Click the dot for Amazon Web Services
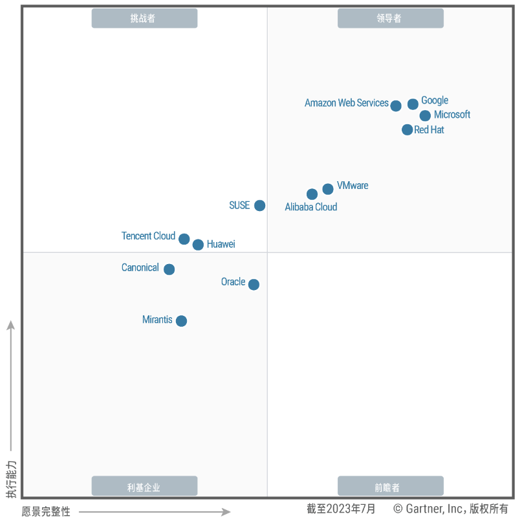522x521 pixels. tap(396, 105)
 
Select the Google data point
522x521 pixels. tap(413, 104)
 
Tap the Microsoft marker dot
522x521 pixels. tap(425, 116)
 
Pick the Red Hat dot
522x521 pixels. tap(407, 129)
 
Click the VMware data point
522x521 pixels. tap(328, 189)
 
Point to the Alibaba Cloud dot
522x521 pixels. tap(312, 194)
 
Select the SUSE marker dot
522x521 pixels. tap(259, 205)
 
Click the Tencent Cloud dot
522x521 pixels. tap(184, 239)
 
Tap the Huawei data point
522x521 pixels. tap(198, 245)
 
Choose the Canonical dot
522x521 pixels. tap(169, 269)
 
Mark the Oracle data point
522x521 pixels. tap(254, 284)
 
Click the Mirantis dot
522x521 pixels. tap(181, 321)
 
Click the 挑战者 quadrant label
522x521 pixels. tap(144, 19)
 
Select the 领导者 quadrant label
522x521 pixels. tap(390, 19)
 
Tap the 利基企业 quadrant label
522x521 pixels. tap(144, 487)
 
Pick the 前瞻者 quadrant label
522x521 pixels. tap(390, 487)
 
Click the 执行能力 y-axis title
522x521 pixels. tap(11, 479)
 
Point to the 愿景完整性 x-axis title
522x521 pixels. tap(46, 511)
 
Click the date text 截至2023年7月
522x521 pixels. tap(341, 509)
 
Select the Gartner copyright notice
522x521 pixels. tap(451, 509)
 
